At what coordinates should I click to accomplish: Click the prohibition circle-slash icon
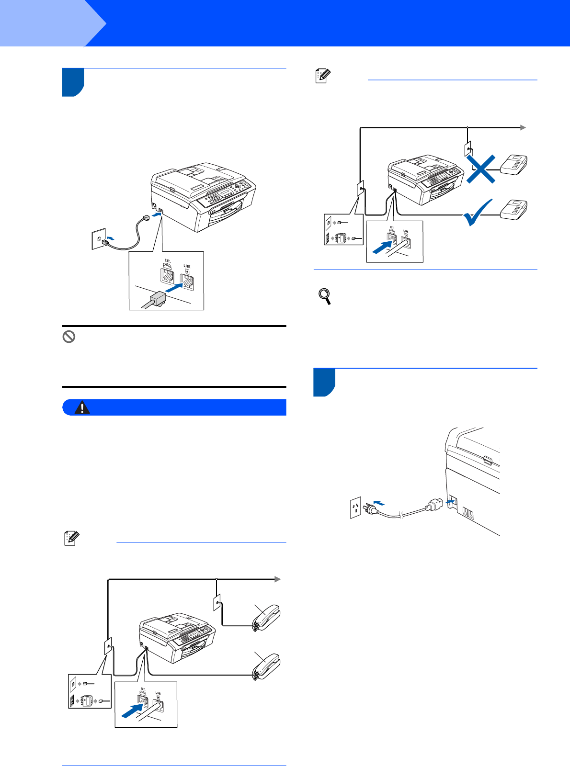(69, 337)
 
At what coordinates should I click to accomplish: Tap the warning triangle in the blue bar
(83, 407)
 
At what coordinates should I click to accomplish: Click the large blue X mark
(481, 168)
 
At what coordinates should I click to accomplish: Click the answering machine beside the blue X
(514, 164)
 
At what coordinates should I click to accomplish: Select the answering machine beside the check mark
(514, 209)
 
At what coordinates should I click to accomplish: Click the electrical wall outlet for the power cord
(355, 508)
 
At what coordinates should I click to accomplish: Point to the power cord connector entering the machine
(434, 505)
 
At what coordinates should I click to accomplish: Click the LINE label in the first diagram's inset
(187, 266)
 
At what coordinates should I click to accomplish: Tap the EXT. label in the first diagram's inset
(167, 261)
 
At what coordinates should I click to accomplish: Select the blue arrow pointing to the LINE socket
(174, 288)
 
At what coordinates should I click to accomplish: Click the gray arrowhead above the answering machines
(523, 127)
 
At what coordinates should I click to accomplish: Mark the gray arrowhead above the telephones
(277, 579)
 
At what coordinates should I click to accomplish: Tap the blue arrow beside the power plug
(378, 502)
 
